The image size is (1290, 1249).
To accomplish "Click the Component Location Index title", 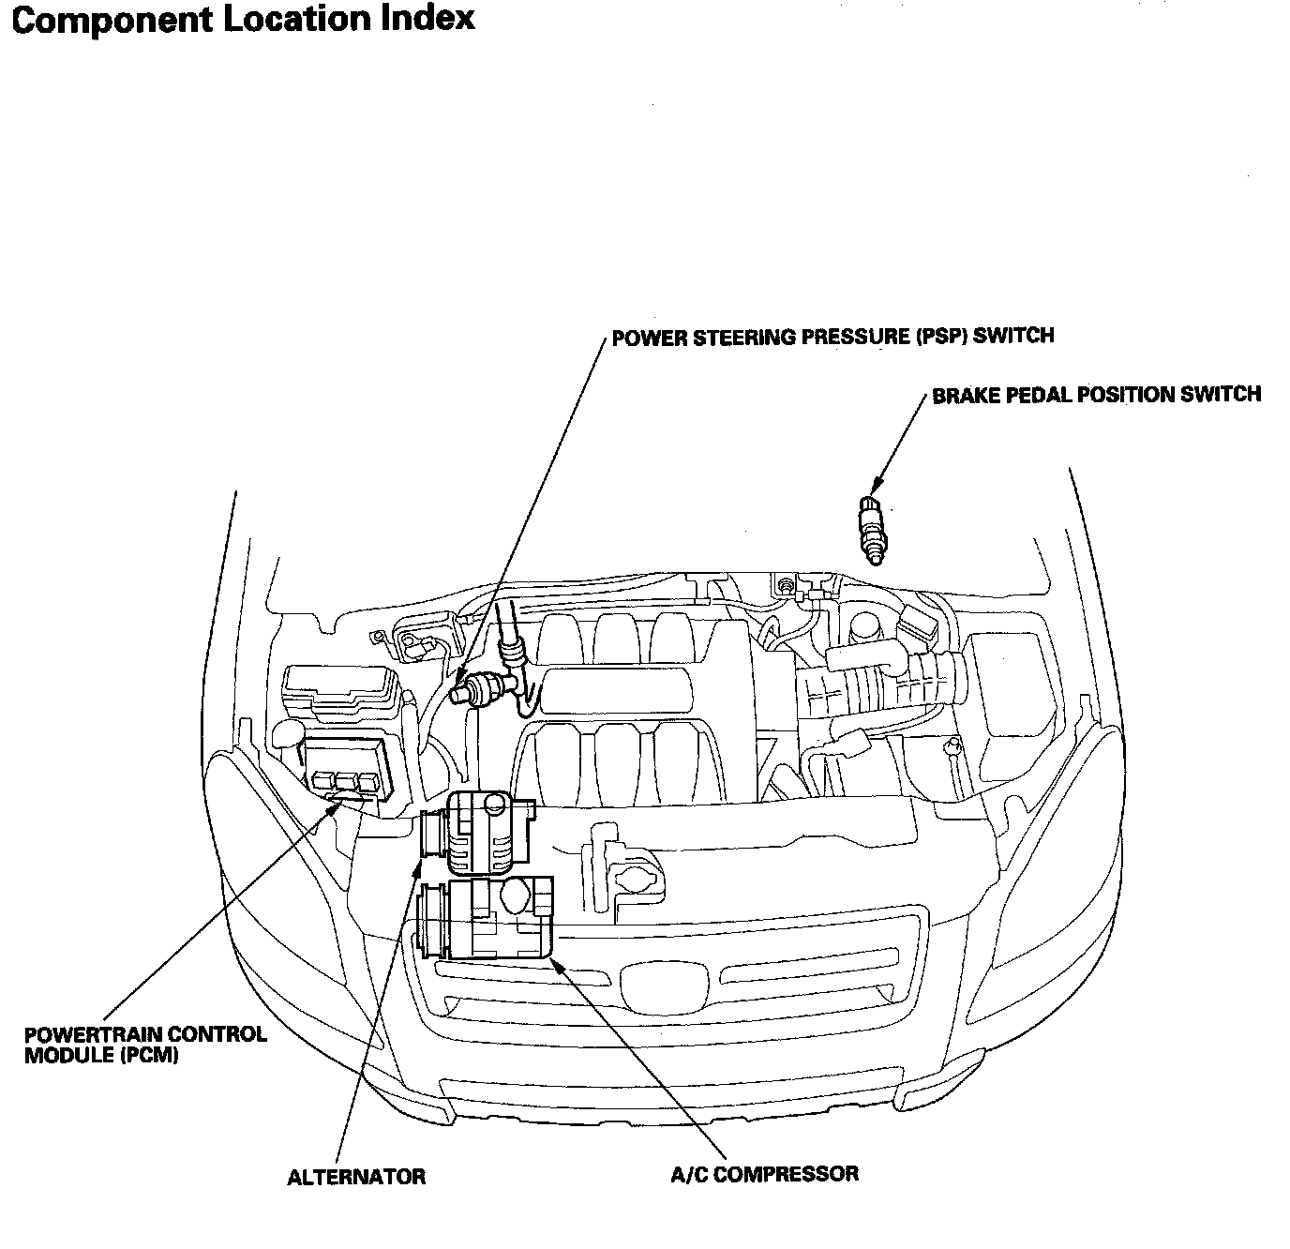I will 243,20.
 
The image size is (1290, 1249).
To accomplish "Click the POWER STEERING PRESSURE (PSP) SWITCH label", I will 832,337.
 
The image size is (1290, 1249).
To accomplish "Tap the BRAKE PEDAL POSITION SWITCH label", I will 1096,395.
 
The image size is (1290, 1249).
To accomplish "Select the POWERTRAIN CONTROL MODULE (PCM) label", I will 145,1045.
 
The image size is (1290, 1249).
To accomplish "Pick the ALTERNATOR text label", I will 356,1177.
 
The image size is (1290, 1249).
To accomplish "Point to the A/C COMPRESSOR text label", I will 764,1173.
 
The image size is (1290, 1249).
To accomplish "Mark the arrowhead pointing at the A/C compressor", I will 557,963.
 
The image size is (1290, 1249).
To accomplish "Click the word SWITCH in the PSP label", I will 1013,337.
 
